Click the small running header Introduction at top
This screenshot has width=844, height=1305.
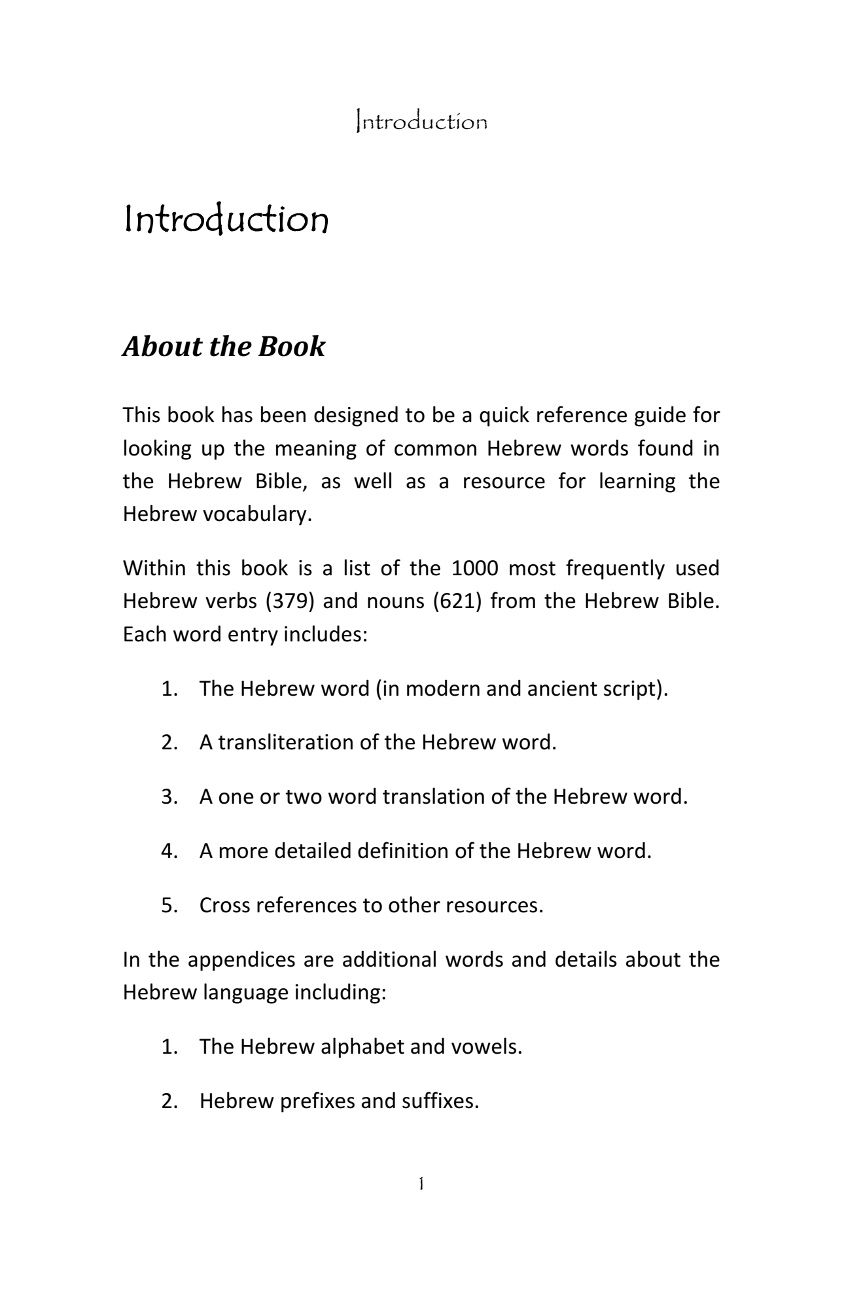click(x=421, y=122)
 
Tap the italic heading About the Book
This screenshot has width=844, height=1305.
click(x=223, y=347)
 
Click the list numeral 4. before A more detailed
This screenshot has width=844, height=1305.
click(x=170, y=851)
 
